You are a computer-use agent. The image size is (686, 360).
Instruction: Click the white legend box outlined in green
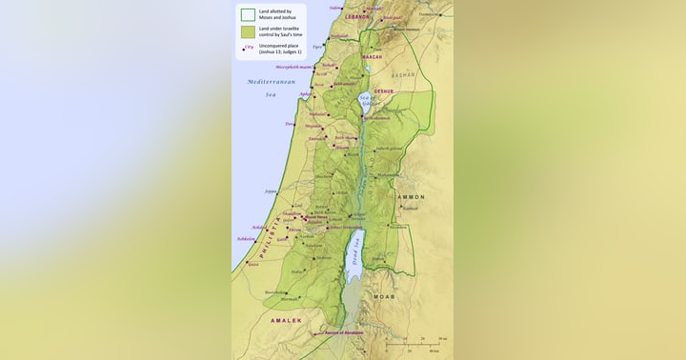pyautogui.click(x=248, y=15)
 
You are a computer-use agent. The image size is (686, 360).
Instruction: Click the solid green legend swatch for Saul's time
pyautogui.click(x=248, y=31)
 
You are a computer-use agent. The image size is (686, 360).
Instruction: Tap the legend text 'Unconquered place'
pyautogui.click(x=277, y=46)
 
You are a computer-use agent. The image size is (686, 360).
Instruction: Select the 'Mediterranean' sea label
pyautogui.click(x=272, y=82)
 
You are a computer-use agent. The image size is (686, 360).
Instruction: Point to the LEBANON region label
pyautogui.click(x=357, y=17)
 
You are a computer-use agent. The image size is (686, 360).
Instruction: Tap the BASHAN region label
pyautogui.click(x=403, y=74)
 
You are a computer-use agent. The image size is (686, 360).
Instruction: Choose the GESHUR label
pyautogui.click(x=383, y=91)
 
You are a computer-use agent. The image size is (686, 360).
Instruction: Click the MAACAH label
pyautogui.click(x=372, y=57)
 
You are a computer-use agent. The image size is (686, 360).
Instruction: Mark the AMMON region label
pyautogui.click(x=411, y=197)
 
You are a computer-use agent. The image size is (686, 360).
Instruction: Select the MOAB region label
pyautogui.click(x=384, y=296)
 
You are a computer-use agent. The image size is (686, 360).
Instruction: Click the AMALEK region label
pyautogui.click(x=286, y=321)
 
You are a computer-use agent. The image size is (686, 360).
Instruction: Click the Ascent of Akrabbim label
pyautogui.click(x=345, y=333)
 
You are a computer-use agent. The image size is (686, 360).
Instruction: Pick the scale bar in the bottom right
pyautogui.click(x=419, y=344)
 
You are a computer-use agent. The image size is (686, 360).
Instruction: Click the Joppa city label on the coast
pyautogui.click(x=271, y=191)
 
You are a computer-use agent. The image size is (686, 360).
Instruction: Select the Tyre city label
pyautogui.click(x=316, y=47)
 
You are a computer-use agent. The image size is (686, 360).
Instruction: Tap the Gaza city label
pyautogui.click(x=253, y=265)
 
